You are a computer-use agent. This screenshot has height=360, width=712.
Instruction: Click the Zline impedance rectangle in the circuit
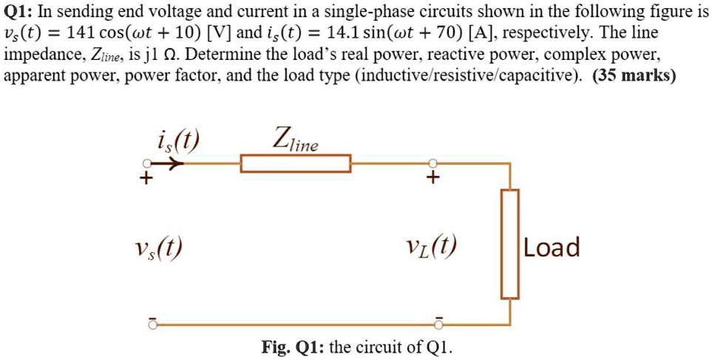(x=295, y=163)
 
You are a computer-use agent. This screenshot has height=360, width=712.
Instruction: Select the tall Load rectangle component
(x=509, y=244)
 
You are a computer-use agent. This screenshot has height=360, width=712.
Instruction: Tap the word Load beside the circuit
(x=552, y=248)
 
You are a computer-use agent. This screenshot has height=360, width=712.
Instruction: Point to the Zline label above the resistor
(x=295, y=139)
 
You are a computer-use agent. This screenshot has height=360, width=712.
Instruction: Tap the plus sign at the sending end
(x=148, y=179)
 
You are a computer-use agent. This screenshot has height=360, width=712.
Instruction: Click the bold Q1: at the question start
(x=20, y=13)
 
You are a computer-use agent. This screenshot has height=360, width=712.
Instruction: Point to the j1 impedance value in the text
(x=154, y=55)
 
